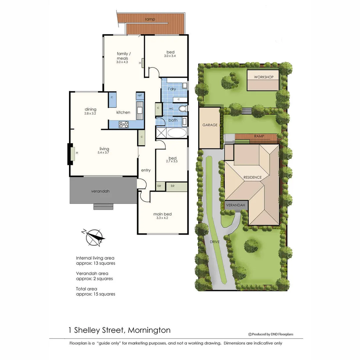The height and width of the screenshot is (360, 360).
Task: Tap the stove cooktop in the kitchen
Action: tap(124, 124)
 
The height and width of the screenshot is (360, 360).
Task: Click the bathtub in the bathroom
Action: tap(177, 133)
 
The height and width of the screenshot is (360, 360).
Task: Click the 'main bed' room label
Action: tap(162, 214)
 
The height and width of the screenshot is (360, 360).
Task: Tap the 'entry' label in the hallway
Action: tap(146, 170)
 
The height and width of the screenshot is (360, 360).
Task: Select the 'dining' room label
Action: tap(90, 109)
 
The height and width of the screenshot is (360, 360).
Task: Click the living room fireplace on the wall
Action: tap(71, 153)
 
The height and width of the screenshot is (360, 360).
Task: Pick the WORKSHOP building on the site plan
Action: tap(263, 80)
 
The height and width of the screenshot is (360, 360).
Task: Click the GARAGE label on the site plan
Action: tap(210, 125)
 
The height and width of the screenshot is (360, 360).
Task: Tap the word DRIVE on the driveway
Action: tap(215, 242)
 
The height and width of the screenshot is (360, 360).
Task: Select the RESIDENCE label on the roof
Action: tap(252, 177)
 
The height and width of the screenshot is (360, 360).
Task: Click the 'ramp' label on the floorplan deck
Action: tap(150, 20)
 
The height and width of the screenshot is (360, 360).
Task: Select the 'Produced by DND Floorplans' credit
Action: tap(271, 334)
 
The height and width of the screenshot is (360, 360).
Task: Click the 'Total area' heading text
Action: tap(87, 289)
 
